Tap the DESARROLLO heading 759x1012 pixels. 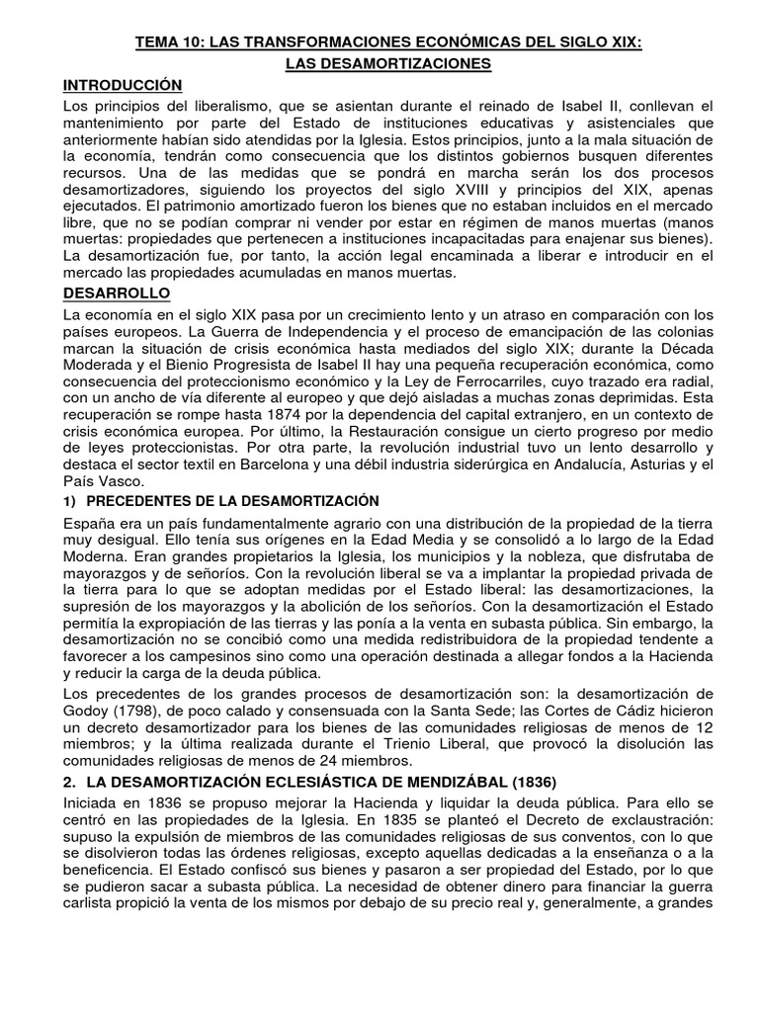[x=117, y=294]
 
